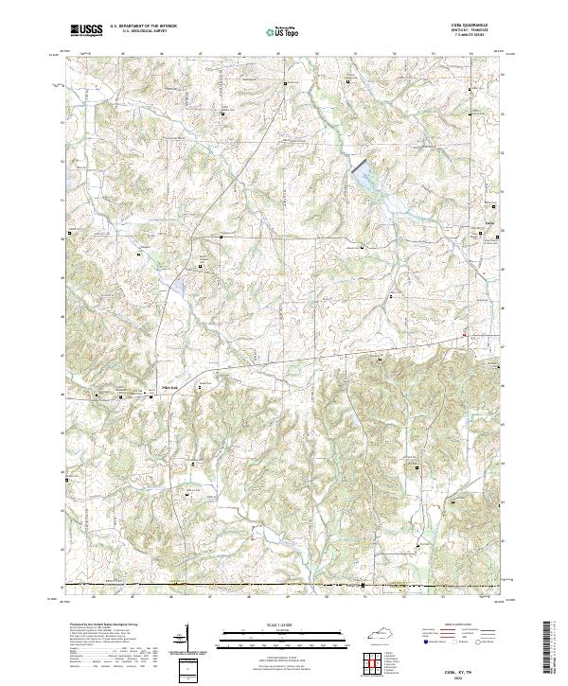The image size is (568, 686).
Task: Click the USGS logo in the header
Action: (x=86, y=29)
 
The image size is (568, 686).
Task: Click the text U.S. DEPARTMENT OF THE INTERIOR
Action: (x=143, y=26)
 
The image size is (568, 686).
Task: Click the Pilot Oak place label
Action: (x=173, y=385)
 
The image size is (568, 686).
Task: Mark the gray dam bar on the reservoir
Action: (x=362, y=167)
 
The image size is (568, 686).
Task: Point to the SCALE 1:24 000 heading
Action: (x=283, y=625)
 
